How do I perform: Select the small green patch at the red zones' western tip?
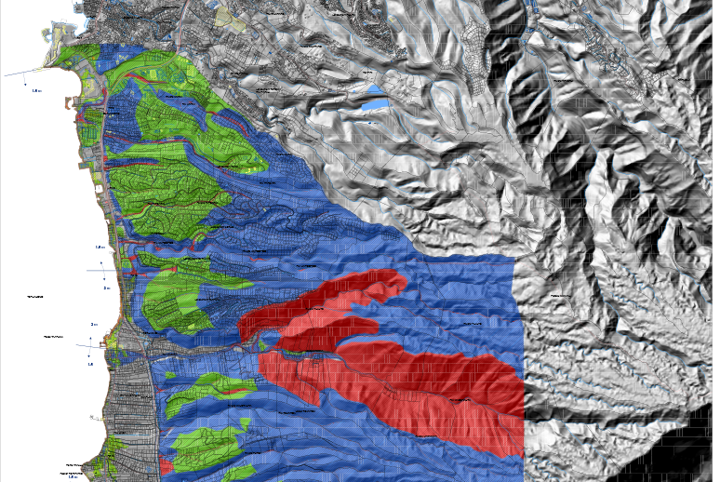click(x=261, y=342)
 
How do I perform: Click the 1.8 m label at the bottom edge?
click(x=73, y=476)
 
